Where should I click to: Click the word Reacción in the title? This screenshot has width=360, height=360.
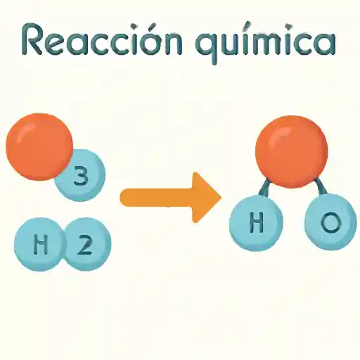coord(103,39)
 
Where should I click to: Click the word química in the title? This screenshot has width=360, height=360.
coord(265,43)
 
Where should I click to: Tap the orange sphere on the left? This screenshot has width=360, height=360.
coord(39,147)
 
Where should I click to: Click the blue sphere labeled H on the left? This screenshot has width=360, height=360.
coord(40,244)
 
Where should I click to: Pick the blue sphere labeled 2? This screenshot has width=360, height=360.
coord(87,244)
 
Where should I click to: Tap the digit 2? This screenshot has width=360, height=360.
coord(84,244)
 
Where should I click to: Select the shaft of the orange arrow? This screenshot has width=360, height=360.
coord(157,198)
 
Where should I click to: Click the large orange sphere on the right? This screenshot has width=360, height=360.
coord(292,152)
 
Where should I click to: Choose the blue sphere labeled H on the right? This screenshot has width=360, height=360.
coord(257,223)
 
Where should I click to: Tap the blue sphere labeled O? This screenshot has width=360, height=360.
coord(330,221)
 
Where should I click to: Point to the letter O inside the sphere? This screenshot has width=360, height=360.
coord(330,222)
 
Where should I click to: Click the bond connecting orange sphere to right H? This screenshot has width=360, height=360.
coord(264,188)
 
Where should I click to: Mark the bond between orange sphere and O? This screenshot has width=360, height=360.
coord(321,187)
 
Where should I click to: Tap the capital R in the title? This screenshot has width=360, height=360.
coord(32,39)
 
